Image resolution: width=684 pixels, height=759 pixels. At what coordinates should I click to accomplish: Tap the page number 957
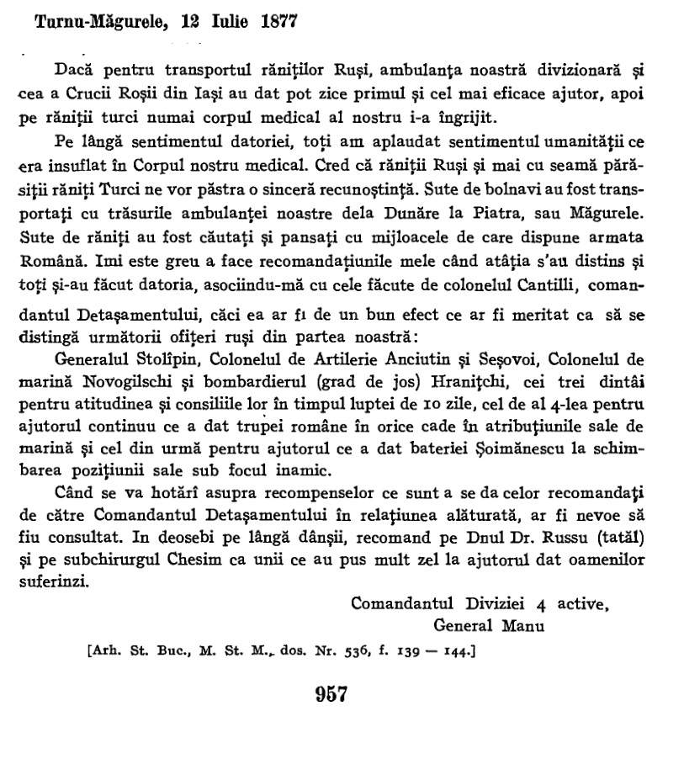331,694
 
